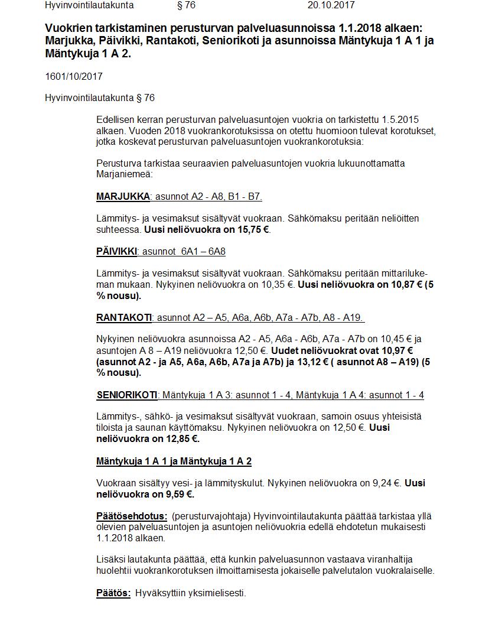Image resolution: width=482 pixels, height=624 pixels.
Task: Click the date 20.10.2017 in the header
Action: tap(331, 5)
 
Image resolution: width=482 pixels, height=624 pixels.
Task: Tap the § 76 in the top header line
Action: tap(186, 5)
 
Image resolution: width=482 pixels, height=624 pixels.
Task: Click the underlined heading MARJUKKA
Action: tap(123, 197)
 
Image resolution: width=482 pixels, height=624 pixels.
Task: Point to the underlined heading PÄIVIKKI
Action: tap(116, 252)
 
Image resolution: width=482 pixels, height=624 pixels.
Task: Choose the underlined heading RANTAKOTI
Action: tap(124, 318)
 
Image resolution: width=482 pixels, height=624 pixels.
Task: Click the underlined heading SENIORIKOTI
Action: tap(127, 395)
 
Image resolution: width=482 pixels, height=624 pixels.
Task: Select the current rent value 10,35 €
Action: tap(275, 285)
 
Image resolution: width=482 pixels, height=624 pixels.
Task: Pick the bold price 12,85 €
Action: tap(181, 439)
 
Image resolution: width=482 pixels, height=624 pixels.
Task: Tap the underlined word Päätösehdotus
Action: tap(132, 516)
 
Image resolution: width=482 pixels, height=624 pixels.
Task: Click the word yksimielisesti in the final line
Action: tap(216, 593)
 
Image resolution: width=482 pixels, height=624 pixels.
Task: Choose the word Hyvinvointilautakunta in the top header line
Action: tap(89, 5)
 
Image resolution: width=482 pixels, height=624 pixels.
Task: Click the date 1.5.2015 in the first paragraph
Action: tap(400, 119)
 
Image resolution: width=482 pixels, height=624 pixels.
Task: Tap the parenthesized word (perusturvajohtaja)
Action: tap(211, 516)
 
